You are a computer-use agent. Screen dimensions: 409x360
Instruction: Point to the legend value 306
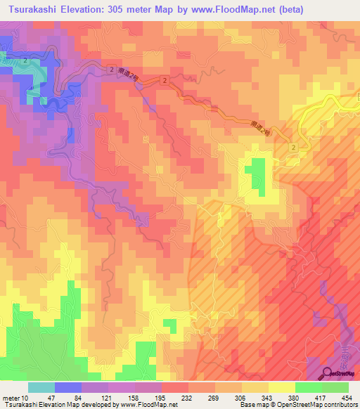coord(241,398)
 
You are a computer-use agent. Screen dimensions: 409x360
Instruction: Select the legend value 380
coord(294,398)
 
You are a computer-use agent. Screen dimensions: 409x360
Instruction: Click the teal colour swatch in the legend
coord(41,387)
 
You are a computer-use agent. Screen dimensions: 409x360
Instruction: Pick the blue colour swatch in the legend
coord(68,387)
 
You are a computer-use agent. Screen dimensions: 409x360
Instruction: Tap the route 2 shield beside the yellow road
coord(293,146)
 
